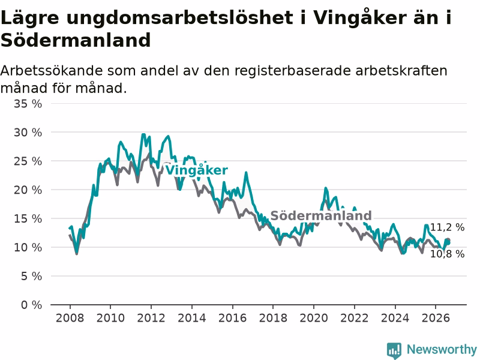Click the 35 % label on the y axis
coord(28,104)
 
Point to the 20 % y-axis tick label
coord(28,190)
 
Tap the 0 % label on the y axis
coord(32,305)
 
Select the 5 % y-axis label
coord(32,277)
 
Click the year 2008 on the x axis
coord(70,318)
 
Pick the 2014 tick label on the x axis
coord(191,318)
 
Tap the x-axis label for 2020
coord(313,318)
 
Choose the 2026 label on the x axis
coord(436,318)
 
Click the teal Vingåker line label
coord(197,170)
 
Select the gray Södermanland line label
coord(321,215)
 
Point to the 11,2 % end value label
coord(447,227)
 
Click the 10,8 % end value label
coord(447,254)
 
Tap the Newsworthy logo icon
coord(394,350)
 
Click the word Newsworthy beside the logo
coord(442,349)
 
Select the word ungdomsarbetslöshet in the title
coord(179,18)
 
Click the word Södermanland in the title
coord(76,40)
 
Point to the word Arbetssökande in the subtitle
coord(52,71)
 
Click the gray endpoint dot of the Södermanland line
coord(448,241)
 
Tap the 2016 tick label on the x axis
coord(232,318)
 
